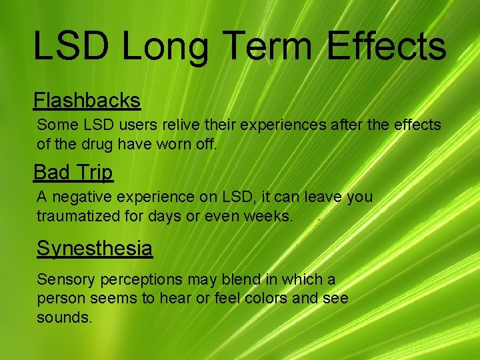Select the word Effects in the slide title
(x=386, y=47)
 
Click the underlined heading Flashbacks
(x=87, y=100)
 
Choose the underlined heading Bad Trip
(x=73, y=172)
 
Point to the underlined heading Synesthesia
(x=94, y=248)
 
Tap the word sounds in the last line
(x=64, y=317)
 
